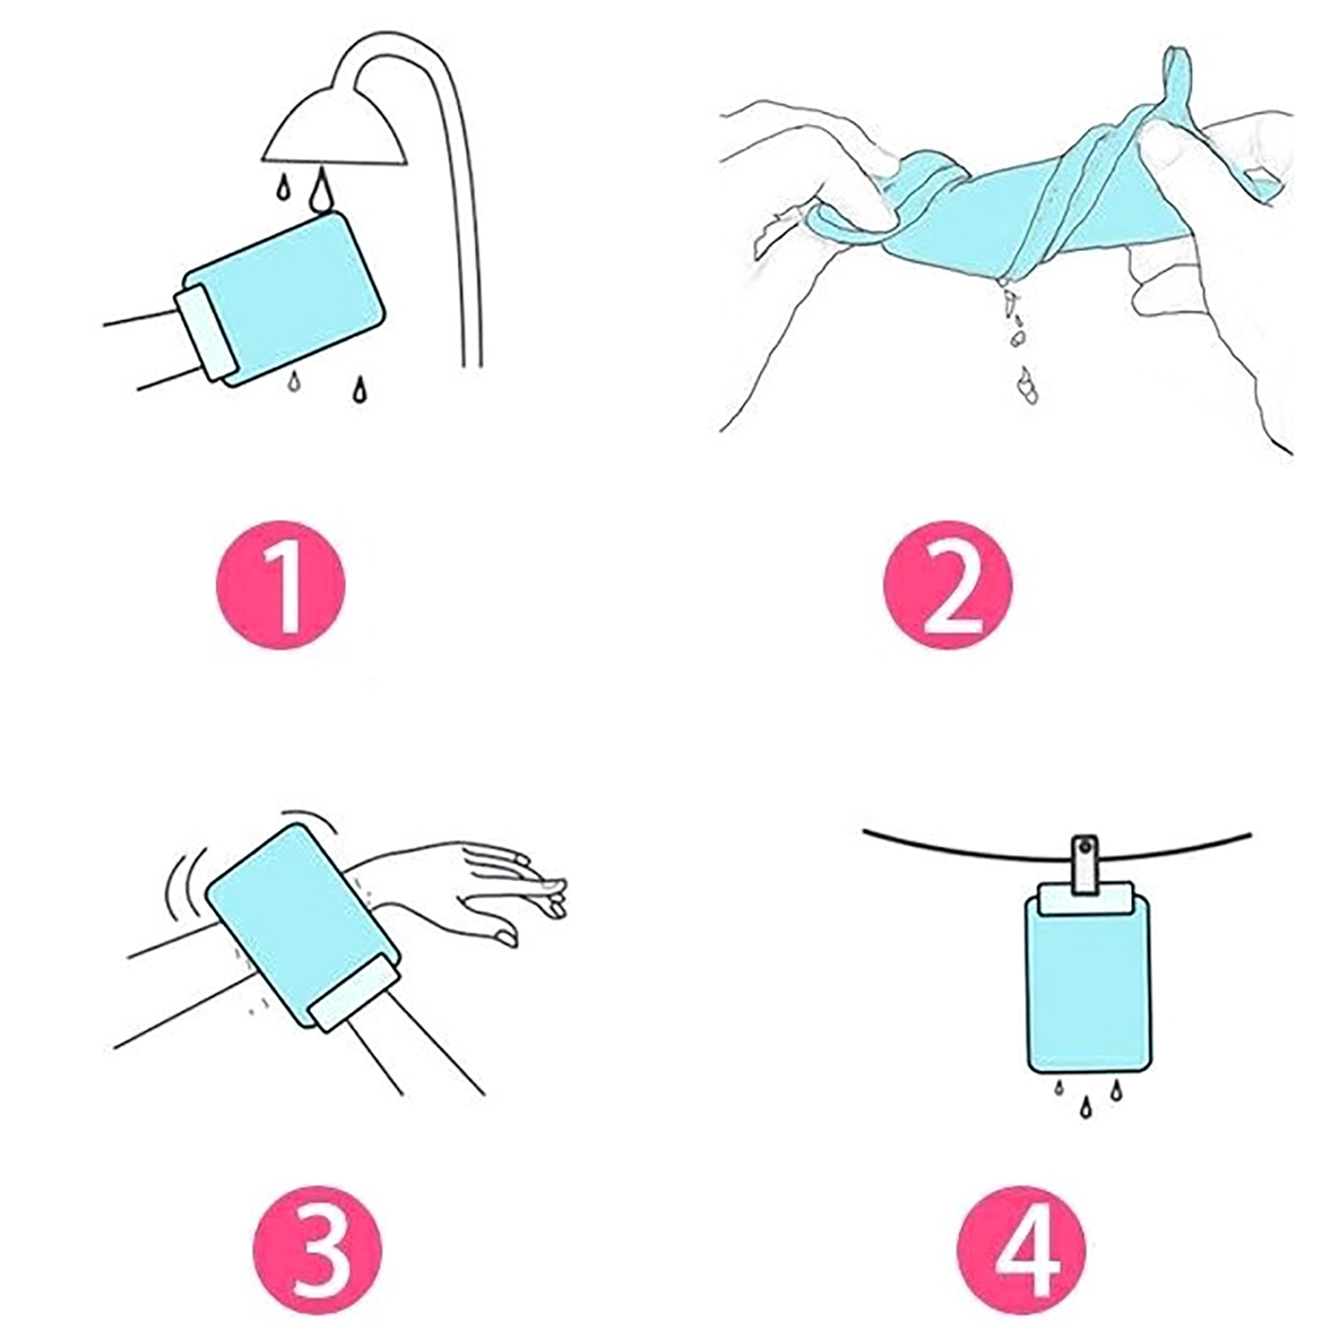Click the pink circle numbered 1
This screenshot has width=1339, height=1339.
[281, 584]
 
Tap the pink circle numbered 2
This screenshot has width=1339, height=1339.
[947, 584]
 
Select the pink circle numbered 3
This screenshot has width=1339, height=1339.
[317, 1250]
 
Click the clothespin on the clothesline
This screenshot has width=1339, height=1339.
[1086, 864]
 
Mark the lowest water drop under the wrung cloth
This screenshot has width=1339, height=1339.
[1028, 387]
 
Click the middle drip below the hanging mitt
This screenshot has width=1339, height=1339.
[1085, 1107]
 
